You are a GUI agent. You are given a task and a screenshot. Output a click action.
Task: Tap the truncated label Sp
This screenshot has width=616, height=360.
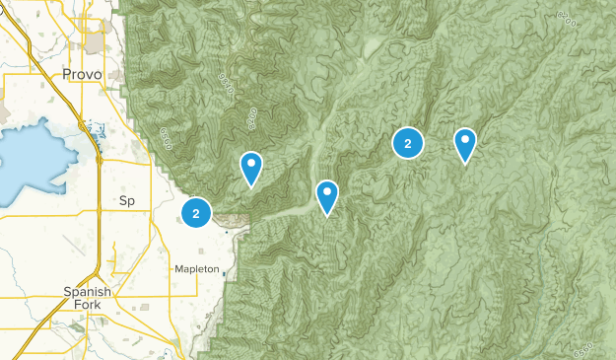click(x=126, y=200)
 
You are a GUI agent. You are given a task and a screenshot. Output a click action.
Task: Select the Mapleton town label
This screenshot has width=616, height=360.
click(x=196, y=268)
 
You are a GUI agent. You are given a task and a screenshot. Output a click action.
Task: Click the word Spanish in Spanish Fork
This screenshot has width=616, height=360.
click(x=88, y=291)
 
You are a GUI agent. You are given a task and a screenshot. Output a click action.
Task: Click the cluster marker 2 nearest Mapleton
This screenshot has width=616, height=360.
click(x=196, y=212)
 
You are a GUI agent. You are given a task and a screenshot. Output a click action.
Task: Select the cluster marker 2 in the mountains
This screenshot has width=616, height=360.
click(x=407, y=144)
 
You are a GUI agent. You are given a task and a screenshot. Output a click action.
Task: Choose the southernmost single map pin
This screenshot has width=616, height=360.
click(x=327, y=195)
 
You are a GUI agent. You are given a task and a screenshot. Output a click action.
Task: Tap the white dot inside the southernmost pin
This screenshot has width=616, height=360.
click(x=327, y=191)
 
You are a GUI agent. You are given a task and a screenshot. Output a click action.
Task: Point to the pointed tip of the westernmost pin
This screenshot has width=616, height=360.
click(x=251, y=185)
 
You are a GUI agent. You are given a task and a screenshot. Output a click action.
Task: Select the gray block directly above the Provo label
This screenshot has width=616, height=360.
click(x=97, y=43)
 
